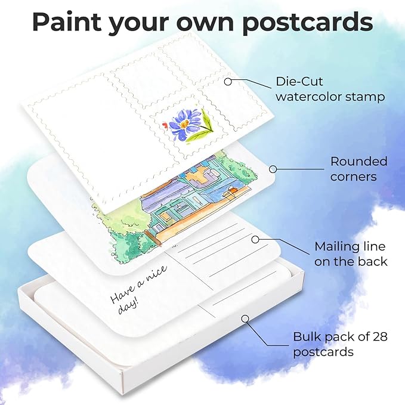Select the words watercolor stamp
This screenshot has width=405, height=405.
click(x=330, y=96)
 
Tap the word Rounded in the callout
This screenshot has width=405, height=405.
click(x=358, y=161)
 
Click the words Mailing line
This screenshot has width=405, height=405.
click(x=342, y=246)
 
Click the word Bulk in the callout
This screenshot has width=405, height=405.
click(x=307, y=336)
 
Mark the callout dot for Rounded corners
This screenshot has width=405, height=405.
click(x=272, y=169)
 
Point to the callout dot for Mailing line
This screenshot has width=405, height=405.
click(x=255, y=240)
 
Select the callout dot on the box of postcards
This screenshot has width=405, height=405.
click(x=245, y=319)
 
